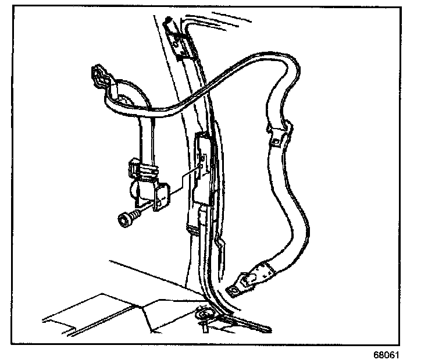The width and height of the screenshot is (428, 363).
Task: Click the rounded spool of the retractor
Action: pos(135,190)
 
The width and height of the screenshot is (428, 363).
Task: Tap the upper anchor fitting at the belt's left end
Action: pos(100,79)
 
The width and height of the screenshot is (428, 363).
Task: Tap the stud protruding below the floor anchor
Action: pos(205,329)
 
